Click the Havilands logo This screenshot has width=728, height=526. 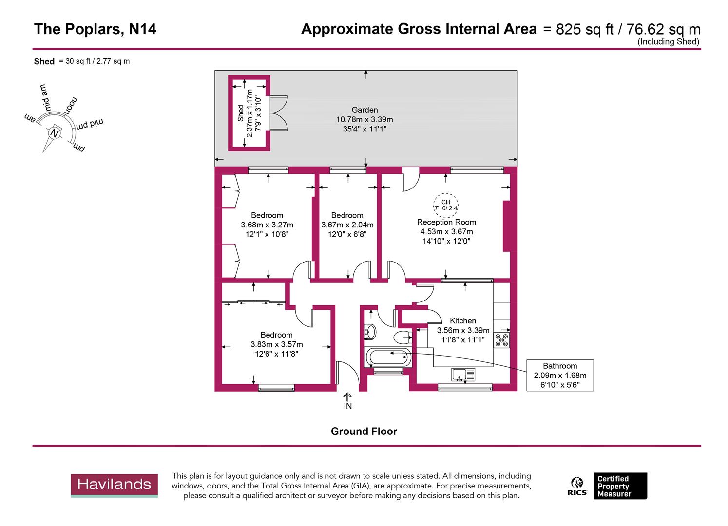point(114,485)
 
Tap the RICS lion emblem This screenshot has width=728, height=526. point(577,486)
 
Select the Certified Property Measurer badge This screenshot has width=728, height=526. point(619,486)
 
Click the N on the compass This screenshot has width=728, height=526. point(55,133)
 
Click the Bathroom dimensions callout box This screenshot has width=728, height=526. point(560,375)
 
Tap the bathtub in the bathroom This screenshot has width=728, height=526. point(388,358)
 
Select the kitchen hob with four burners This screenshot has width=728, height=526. point(501,340)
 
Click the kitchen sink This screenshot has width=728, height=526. point(463,375)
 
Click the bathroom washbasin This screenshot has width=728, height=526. point(370,332)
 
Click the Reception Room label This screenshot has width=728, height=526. point(446,222)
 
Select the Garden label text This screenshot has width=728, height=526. point(364,110)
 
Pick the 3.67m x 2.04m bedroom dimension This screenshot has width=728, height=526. point(347,225)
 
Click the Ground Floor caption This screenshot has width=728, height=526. point(364,432)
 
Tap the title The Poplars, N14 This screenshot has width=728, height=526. point(95,29)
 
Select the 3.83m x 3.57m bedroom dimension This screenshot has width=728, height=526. point(276,344)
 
